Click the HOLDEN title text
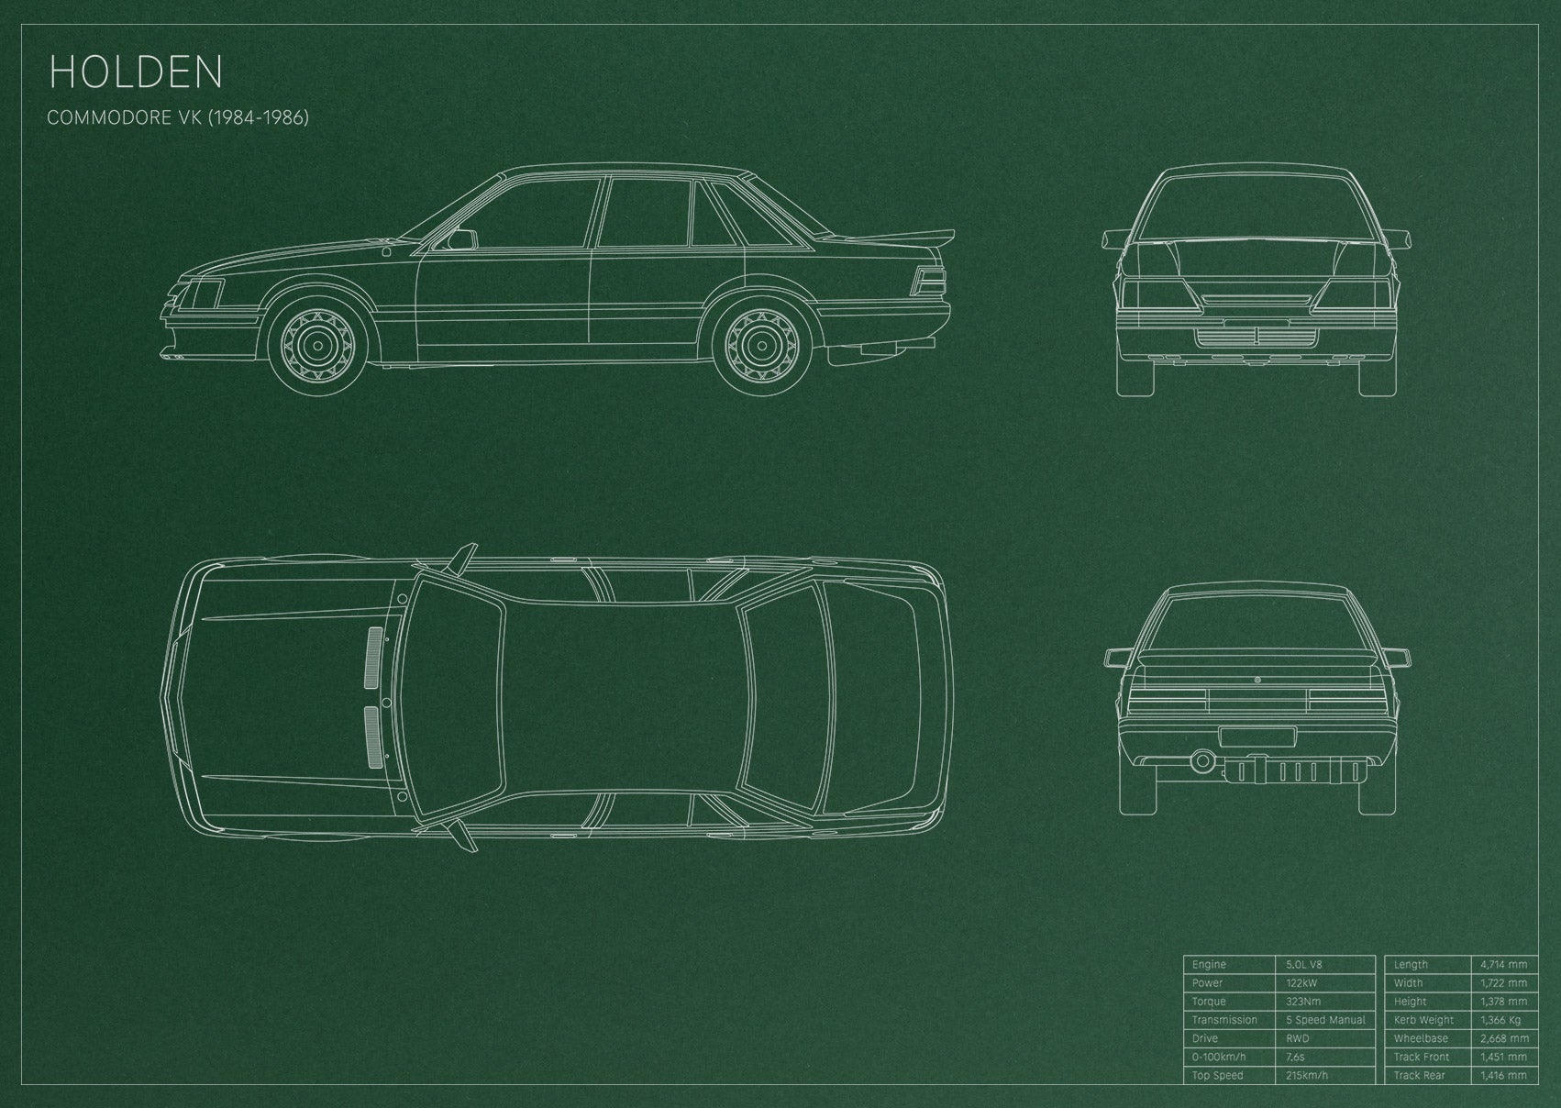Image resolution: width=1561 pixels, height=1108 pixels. (x=136, y=72)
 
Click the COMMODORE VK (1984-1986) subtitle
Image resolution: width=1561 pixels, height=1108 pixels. (x=178, y=117)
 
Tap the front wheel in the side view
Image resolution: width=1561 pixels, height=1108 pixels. (x=317, y=345)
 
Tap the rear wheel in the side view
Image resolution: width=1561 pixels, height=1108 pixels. (x=762, y=345)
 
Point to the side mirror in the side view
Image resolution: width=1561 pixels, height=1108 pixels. (x=462, y=239)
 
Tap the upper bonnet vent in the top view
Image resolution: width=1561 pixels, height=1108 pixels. (x=375, y=659)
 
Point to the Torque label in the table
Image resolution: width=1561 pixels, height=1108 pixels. (x=1209, y=1002)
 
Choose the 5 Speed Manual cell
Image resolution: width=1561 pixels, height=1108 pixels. (x=1325, y=1020)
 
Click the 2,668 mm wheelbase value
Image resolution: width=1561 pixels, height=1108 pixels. (x=1504, y=1038)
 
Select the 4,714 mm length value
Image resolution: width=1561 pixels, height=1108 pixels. (x=1504, y=964)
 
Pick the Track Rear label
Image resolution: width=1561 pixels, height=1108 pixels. (x=1419, y=1075)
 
